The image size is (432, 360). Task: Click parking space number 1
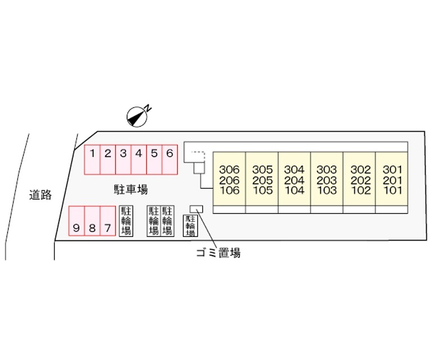click(92, 160)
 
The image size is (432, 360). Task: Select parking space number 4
click(139, 160)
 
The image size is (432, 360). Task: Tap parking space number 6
click(170, 160)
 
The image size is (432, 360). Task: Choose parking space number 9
click(76, 221)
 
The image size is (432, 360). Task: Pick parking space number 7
click(108, 221)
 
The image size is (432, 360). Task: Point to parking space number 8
click(92, 221)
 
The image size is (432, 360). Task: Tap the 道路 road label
click(40, 195)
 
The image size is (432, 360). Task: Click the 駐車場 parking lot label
click(131, 189)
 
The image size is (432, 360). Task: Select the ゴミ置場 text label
click(218, 253)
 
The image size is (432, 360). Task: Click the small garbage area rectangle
click(196, 209)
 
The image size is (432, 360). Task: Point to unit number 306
click(229, 169)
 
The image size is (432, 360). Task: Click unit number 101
click(393, 190)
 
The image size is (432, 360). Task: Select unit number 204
click(294, 180)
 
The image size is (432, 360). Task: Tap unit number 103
click(327, 190)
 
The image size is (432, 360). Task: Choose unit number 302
click(361, 169)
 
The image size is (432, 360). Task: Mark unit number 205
click(262, 180)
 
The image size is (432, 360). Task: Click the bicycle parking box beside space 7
click(126, 221)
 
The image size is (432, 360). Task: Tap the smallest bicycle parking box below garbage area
click(190, 226)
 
